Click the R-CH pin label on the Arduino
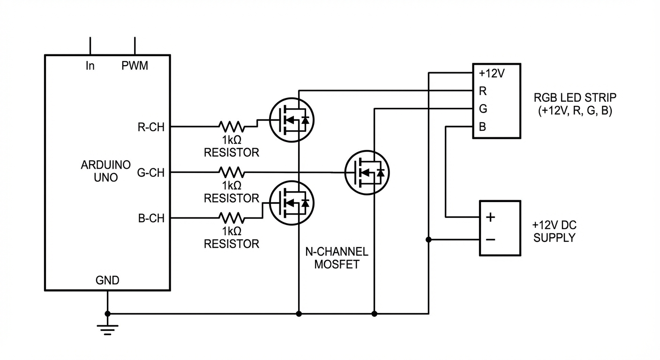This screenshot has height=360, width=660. tap(151, 127)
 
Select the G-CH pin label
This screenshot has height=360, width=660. tap(151, 172)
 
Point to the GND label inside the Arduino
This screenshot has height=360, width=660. tap(107, 280)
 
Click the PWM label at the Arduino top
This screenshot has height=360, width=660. tap(135, 66)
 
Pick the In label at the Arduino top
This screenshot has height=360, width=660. tap(90, 66)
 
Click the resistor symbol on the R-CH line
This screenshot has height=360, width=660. tap(231, 127)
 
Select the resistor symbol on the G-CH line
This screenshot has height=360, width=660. tap(231, 172)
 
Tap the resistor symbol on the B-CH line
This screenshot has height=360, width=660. tap(231, 218)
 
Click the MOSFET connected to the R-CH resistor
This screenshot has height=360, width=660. tap(292, 120)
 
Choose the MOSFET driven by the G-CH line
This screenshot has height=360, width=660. tap(367, 172)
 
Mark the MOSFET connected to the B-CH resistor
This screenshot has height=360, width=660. tap(292, 203)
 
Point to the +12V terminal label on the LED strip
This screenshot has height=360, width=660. tap(492, 73)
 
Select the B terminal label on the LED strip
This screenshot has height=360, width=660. tap(482, 127)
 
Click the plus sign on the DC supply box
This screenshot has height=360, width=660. tap(490, 217)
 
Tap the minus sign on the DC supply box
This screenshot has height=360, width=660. tap(490, 240)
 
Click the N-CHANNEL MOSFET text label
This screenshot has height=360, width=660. tap(337, 258)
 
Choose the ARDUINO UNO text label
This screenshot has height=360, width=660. tap(105, 171)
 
